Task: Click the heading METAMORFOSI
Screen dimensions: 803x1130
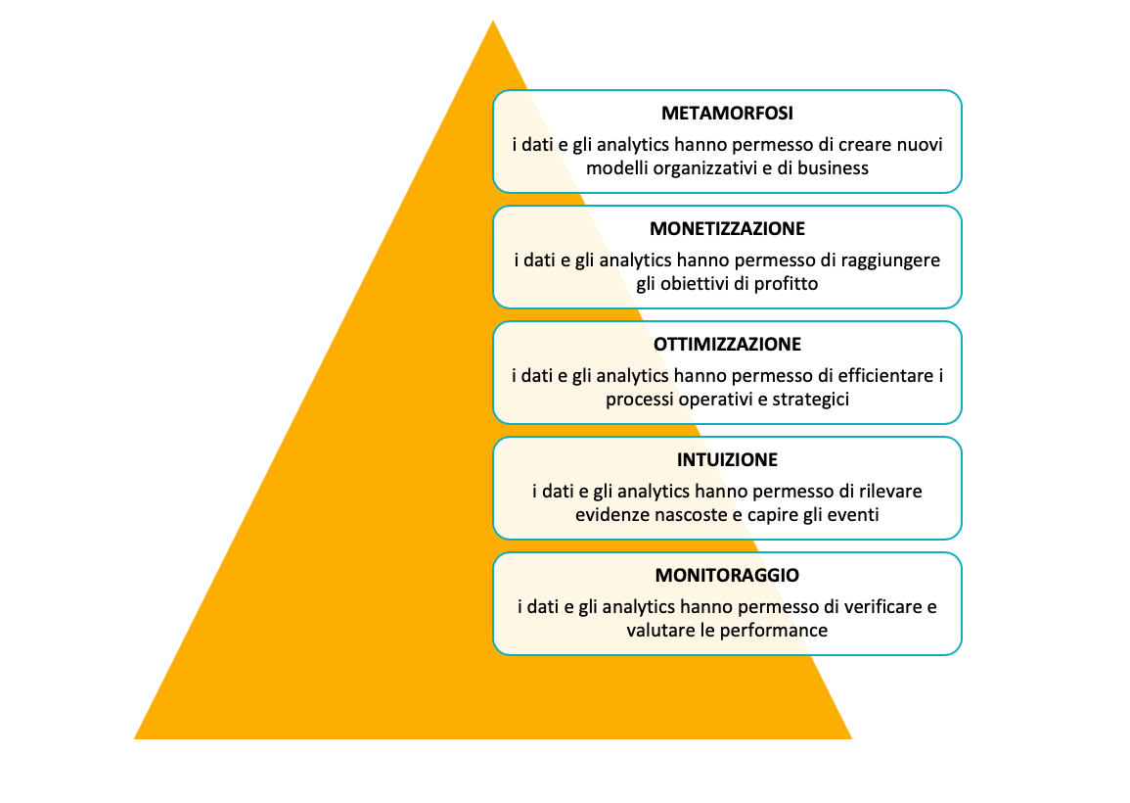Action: [727, 113]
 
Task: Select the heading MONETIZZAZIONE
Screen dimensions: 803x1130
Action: [727, 228]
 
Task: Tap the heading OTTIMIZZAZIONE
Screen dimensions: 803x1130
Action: [727, 344]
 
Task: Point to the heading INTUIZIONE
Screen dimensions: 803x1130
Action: [727, 459]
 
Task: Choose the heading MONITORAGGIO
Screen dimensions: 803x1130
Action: [727, 575]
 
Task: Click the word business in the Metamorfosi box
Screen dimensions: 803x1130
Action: [833, 167]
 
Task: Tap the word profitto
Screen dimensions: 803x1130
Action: [784, 283]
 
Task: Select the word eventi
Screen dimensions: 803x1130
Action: [852, 514]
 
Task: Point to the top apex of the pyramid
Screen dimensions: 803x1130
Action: [492, 23]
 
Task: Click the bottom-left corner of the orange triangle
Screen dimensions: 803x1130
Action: [136, 736]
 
